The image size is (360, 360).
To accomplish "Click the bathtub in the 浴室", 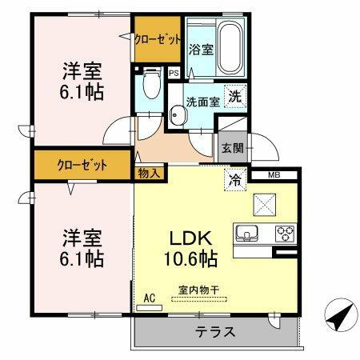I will pyautogui.click(x=230, y=47).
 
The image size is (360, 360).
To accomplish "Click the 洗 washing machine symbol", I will pyautogui.click(x=234, y=95).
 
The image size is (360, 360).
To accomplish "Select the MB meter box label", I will pyautogui.click(x=273, y=174).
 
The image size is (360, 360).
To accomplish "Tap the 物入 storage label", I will pyautogui.click(x=149, y=172).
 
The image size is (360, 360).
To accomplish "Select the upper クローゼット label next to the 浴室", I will pyautogui.click(x=158, y=38).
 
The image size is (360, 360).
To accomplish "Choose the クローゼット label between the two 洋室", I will pyautogui.click(x=82, y=166).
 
